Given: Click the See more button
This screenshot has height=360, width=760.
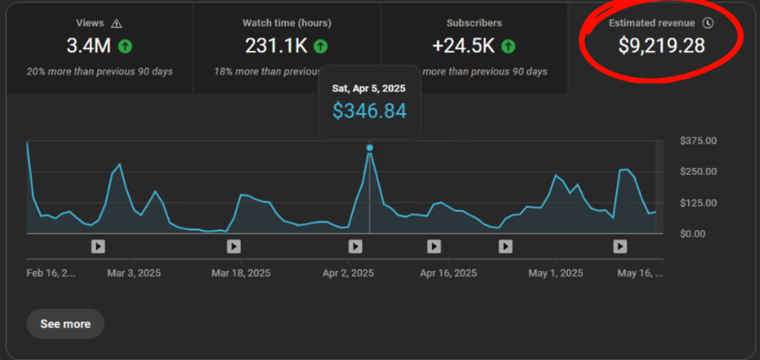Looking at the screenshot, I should click(66, 323).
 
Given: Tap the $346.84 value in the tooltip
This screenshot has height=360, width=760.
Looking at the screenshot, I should click(369, 111).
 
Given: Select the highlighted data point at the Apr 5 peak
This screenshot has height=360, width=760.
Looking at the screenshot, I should click(369, 147).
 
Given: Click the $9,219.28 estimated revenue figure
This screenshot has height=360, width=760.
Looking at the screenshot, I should click(661, 45).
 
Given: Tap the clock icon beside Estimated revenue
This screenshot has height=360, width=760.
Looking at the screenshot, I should click(708, 22).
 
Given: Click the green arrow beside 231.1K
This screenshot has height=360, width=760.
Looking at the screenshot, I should click(321, 45).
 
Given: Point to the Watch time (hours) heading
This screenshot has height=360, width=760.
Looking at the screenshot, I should click(285, 22).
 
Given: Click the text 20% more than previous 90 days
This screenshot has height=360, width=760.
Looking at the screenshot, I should click(100, 71).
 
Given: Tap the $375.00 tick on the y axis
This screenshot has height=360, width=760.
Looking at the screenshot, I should click(698, 141).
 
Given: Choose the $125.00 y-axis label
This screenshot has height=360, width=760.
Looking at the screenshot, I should click(698, 203).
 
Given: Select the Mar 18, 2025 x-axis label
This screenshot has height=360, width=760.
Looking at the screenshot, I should click(240, 273).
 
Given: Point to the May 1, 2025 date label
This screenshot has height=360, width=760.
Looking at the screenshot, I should click(555, 273).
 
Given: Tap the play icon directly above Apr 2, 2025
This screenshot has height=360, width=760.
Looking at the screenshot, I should click(356, 246).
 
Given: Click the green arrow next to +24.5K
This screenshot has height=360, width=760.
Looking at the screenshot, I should click(508, 45).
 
